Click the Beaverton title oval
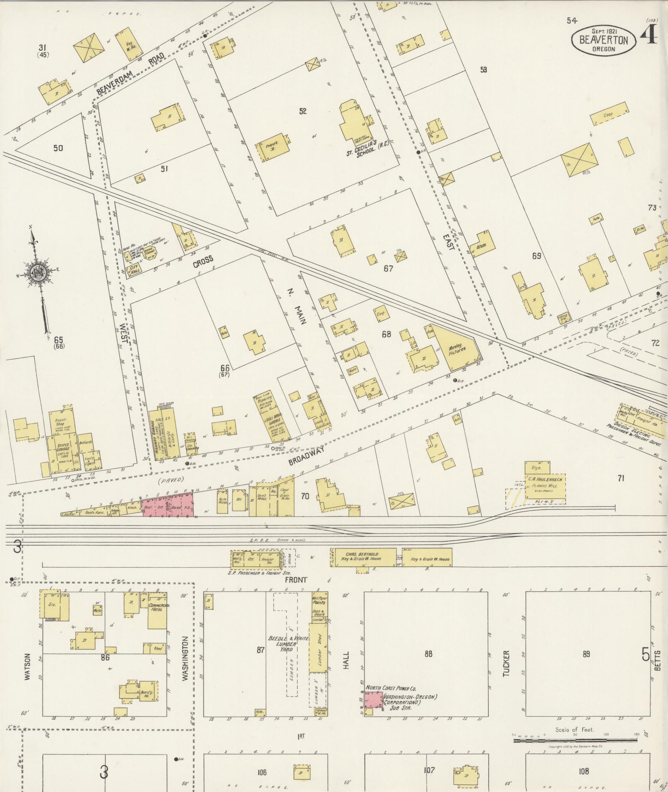603,40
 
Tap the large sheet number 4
649,36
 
